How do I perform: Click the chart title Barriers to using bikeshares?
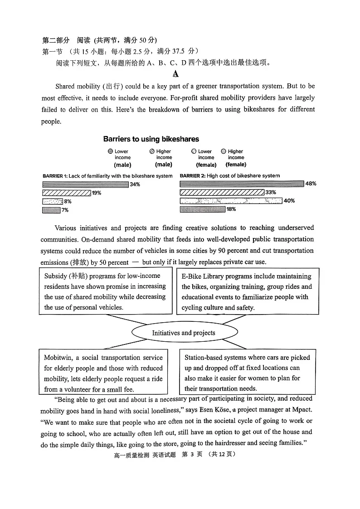[x=151, y=139]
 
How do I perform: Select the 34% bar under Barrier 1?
[x=85, y=184]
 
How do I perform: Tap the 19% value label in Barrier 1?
[x=97, y=193]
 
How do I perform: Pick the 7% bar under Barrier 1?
[x=51, y=210]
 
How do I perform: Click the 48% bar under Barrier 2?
[x=242, y=184]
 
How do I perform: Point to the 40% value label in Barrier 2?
[x=289, y=201]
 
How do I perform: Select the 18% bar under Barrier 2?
[x=202, y=209]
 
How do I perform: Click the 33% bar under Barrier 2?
[x=222, y=192]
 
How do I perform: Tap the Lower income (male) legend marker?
[x=110, y=151]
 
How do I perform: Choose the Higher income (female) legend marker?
[x=224, y=151]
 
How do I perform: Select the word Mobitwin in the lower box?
[x=58, y=358]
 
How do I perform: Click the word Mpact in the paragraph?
[x=302, y=410]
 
